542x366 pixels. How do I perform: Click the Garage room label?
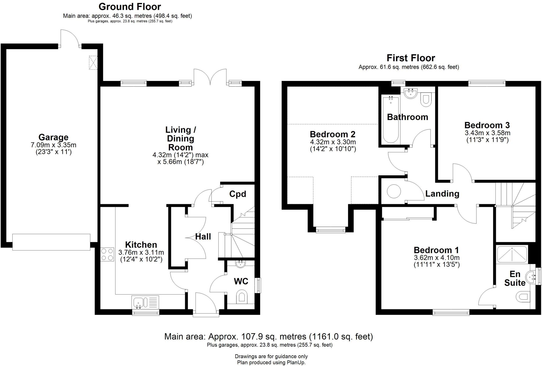click(x=53, y=137)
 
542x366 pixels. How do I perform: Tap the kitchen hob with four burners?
click(x=107, y=254)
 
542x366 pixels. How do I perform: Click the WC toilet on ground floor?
click(x=241, y=297)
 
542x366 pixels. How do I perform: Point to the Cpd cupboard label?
click(x=237, y=194)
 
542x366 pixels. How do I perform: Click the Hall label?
click(x=203, y=236)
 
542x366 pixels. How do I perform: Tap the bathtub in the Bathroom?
click(x=391, y=120)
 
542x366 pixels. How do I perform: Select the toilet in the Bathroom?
click(x=426, y=100)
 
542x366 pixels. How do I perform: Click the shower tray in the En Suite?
click(x=512, y=254)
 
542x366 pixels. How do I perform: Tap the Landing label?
click(x=442, y=194)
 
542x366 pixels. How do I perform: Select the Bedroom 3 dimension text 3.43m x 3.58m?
click(x=487, y=133)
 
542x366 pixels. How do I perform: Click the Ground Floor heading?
click(x=130, y=6)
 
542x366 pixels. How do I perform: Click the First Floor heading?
click(x=410, y=58)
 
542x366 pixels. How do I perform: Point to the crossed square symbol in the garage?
click(x=93, y=63)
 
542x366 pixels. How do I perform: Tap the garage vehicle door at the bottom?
click(x=51, y=242)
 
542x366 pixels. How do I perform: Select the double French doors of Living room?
click(x=210, y=77)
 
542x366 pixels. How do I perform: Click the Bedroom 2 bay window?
click(x=331, y=230)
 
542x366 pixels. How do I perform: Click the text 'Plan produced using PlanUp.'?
click(x=271, y=363)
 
